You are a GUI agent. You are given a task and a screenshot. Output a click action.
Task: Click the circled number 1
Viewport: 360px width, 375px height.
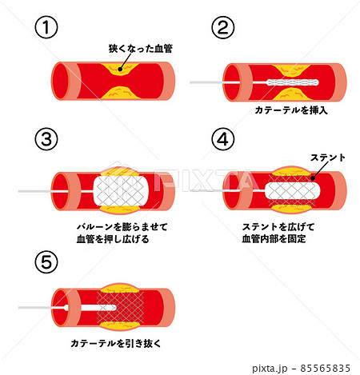pos(48,27)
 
